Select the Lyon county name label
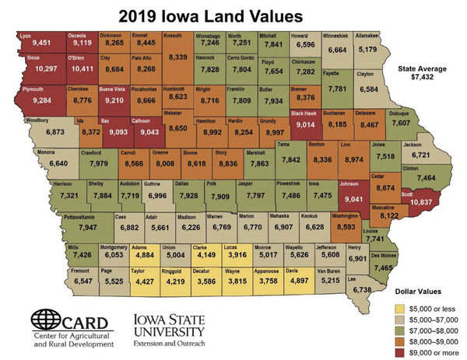click(x=25, y=36)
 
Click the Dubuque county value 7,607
click(x=401, y=123)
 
